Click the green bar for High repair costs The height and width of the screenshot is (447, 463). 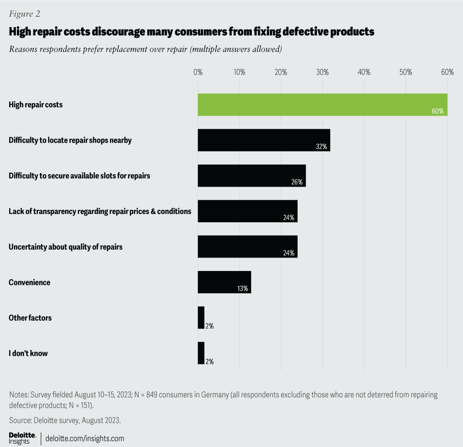pyautogui.click(x=322, y=105)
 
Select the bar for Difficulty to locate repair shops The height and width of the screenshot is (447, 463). pyautogui.click(x=264, y=140)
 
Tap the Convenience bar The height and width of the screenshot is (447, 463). pyautogui.click(x=224, y=282)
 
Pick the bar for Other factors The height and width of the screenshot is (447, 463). pyautogui.click(x=201, y=318)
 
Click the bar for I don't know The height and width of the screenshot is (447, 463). pyautogui.click(x=201, y=353)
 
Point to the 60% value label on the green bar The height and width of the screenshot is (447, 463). pyautogui.click(x=437, y=111)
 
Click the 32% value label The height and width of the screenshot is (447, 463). pyautogui.click(x=322, y=147)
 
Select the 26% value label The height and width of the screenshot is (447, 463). pyautogui.click(x=297, y=182)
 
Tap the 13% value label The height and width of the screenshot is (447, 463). pyautogui.click(x=242, y=289)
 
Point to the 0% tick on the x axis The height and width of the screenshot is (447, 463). pyautogui.click(x=198, y=72)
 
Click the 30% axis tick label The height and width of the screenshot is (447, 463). pyautogui.click(x=323, y=72)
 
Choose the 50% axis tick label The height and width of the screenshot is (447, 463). pyautogui.click(x=406, y=72)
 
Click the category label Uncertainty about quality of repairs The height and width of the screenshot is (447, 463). pyautogui.click(x=66, y=247)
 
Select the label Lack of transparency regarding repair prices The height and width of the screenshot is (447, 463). pyautogui.click(x=100, y=211)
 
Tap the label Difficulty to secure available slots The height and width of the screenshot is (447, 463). pyautogui.click(x=80, y=176)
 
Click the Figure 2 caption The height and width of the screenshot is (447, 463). pyautogui.click(x=24, y=14)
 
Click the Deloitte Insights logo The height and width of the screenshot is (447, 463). pyautogui.click(x=22, y=438)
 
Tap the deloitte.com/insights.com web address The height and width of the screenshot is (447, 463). pyautogui.click(x=84, y=438)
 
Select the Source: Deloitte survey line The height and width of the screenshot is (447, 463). pyautogui.click(x=65, y=420)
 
